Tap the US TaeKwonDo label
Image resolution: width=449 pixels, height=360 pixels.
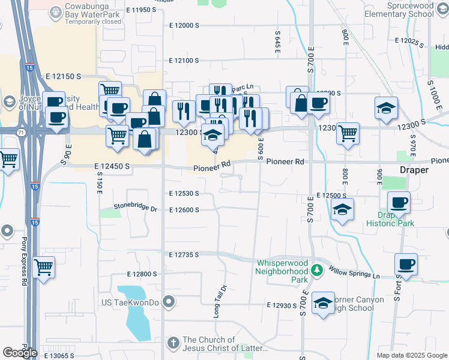point(130,302)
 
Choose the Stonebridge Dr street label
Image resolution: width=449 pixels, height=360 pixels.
point(135,209)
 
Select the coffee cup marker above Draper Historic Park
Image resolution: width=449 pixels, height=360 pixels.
point(398,202)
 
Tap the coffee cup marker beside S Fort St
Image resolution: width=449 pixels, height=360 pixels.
point(406,264)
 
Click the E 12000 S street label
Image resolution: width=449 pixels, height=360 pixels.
point(184,26)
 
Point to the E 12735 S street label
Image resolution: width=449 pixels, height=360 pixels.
point(184,255)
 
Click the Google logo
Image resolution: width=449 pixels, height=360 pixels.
point(20,353)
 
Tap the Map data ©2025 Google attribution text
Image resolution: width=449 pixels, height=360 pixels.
point(411,355)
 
